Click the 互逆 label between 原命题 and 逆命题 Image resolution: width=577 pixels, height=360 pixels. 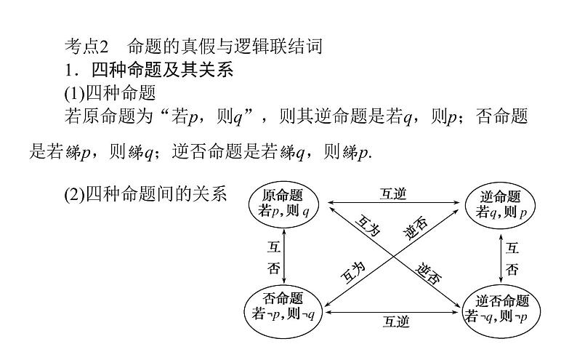tap(393, 194)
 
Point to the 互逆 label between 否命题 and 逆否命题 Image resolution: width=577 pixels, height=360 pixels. tap(393, 320)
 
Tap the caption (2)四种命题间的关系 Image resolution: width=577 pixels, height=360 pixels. tap(145, 193)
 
